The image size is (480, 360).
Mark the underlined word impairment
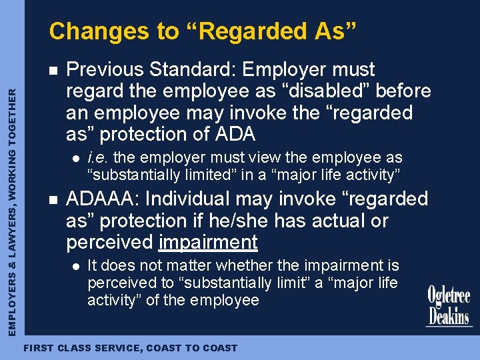(x=208, y=242)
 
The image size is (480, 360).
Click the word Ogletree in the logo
(x=449, y=297)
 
